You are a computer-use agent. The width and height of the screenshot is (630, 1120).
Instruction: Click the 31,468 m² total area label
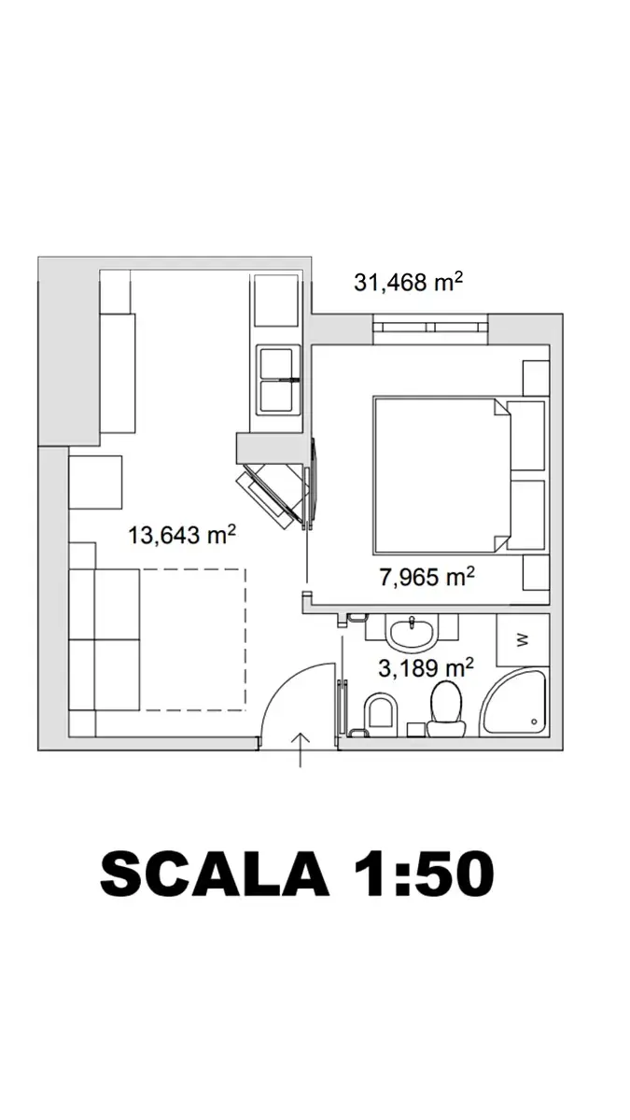(x=408, y=282)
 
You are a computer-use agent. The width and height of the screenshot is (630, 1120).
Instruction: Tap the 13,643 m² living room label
(x=182, y=535)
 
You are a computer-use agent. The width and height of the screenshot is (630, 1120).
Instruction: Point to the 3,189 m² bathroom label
(x=426, y=668)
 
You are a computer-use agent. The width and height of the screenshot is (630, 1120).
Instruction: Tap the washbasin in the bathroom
(x=412, y=632)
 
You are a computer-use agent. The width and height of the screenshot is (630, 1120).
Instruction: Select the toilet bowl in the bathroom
(x=446, y=709)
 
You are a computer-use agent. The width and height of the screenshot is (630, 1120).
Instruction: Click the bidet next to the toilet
(x=381, y=710)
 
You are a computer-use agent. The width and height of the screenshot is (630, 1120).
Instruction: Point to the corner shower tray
(x=513, y=703)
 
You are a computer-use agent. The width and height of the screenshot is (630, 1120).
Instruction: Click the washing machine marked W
(x=523, y=640)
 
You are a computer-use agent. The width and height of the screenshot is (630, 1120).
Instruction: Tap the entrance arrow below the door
(x=300, y=750)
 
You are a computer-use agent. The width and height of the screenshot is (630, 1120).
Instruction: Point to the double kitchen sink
(x=277, y=381)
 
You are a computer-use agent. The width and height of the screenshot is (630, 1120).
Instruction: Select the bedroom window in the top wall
(x=430, y=329)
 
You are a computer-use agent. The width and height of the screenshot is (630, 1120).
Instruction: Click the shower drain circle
(x=534, y=721)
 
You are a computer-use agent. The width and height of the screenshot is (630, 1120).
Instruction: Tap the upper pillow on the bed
(x=525, y=435)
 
